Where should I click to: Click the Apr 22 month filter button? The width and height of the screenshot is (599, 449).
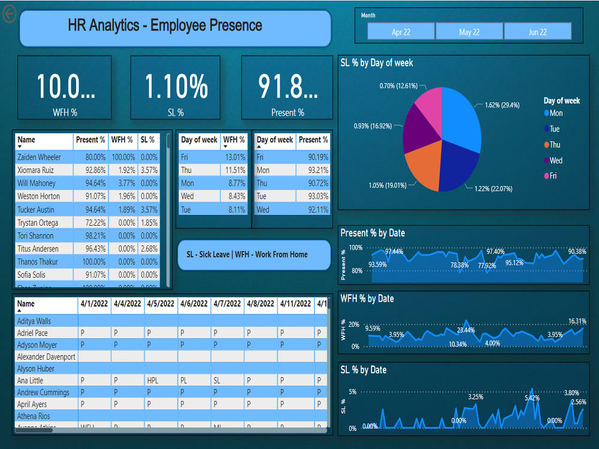(401, 32)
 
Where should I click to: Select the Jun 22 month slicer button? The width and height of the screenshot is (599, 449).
(537, 32)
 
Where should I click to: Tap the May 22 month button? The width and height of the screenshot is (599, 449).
(469, 32)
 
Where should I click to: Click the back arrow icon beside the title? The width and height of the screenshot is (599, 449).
(10, 14)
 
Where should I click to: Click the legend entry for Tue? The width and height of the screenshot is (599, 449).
(554, 129)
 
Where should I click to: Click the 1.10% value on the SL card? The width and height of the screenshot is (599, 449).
(176, 87)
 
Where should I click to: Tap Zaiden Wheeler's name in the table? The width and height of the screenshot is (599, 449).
(39, 157)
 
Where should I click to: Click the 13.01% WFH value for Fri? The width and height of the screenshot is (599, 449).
(234, 157)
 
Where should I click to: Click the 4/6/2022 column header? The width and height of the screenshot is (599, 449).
(193, 304)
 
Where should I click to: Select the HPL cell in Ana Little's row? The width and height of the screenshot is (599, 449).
(153, 380)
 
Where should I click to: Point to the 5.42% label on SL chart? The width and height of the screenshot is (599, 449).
(533, 398)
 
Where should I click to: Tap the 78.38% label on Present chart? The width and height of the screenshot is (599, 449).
(459, 265)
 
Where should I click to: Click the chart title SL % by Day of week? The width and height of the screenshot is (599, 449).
(377, 63)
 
